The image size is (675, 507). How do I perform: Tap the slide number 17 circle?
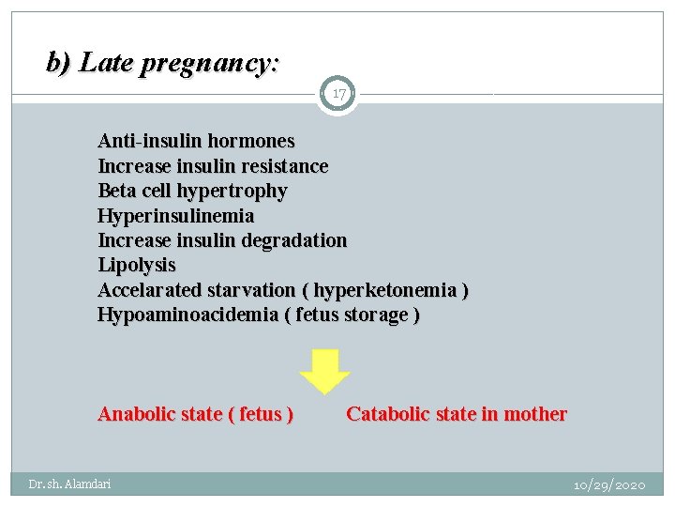(337, 94)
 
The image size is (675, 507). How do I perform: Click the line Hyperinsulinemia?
(175, 216)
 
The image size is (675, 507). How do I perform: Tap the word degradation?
(293, 240)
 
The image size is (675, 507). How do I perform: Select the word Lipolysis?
(137, 265)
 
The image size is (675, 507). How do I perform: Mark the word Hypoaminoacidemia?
(187, 315)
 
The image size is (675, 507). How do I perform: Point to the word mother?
(534, 414)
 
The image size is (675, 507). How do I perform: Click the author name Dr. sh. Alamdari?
(69, 484)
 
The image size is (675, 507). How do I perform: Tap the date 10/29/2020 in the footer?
(609, 485)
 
